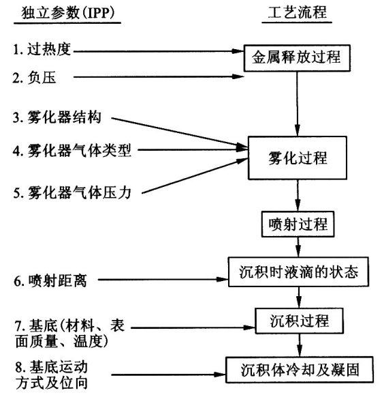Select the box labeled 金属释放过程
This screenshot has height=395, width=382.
coord(297,59)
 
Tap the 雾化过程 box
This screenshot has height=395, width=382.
coord(297,158)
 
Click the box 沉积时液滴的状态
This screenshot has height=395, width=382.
coord(298,271)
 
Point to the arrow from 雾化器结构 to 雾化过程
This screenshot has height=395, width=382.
coord(177,132)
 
